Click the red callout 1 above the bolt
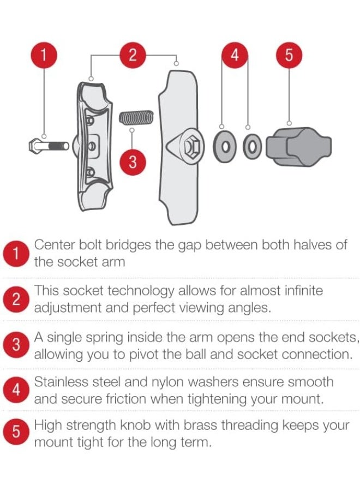tap(44, 55)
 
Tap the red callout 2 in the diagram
tap(133, 55)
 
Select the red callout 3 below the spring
tap(133, 162)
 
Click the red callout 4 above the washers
tap(235, 55)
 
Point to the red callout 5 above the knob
tap(289, 55)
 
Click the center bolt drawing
tap(49, 146)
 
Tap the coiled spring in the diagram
tap(136, 117)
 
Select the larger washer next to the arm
tap(224, 147)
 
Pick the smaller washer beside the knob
tap(251, 146)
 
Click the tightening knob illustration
tap(299, 147)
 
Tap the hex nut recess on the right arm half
tap(191, 147)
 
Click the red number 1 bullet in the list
tap(16, 254)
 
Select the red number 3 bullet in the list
tap(16, 345)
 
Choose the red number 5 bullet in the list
tap(16, 432)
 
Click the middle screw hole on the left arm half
tap(92, 146)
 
